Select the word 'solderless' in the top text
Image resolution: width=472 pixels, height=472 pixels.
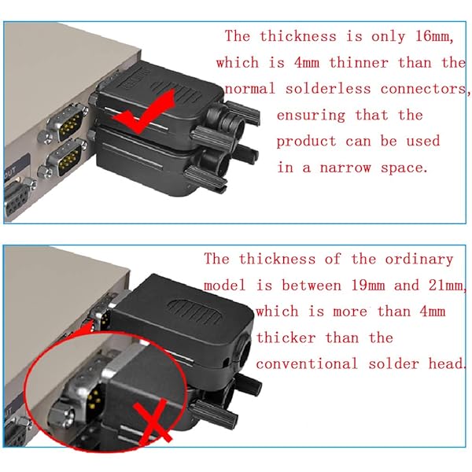(328, 90)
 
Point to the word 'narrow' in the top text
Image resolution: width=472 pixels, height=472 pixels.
(345, 168)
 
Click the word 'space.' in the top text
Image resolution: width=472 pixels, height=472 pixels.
(404, 168)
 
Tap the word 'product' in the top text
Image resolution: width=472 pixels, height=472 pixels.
(306, 142)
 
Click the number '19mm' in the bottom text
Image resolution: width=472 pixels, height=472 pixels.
(368, 285)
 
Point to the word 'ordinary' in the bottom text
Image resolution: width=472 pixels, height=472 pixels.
(419, 260)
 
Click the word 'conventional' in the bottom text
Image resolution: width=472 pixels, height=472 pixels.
(307, 363)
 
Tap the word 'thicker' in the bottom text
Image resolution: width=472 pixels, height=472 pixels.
(286, 337)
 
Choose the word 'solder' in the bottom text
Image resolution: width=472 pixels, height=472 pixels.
(394, 363)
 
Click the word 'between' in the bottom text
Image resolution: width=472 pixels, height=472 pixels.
(312, 285)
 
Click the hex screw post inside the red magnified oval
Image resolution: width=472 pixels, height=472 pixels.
(61, 415)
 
